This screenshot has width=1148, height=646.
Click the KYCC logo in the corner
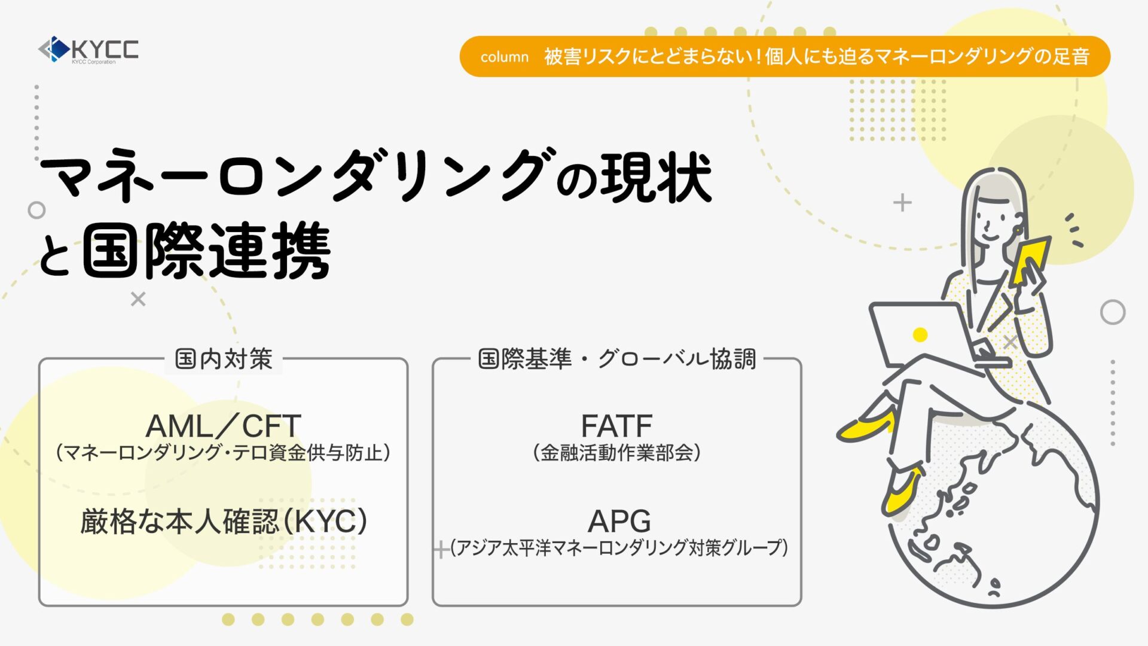pos(88,50)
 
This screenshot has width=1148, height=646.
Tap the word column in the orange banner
pos(505,57)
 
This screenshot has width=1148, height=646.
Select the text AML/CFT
pos(223,426)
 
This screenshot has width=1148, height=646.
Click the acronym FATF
pos(616,426)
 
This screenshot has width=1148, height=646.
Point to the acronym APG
pos(619,521)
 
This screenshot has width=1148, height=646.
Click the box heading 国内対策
pos(224,359)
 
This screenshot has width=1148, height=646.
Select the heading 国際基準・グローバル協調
pos(617,359)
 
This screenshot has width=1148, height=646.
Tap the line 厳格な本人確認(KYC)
pos(224,521)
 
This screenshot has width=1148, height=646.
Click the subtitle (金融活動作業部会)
pos(616,453)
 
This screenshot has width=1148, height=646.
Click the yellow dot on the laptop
pos(920,334)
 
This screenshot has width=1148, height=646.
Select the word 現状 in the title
pos(656,178)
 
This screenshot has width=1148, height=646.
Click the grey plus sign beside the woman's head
pos(902,203)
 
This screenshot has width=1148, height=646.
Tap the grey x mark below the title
pos(138,299)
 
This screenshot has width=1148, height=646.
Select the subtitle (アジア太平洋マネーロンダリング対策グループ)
pos(619,547)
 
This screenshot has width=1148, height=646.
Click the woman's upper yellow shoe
pos(867,426)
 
